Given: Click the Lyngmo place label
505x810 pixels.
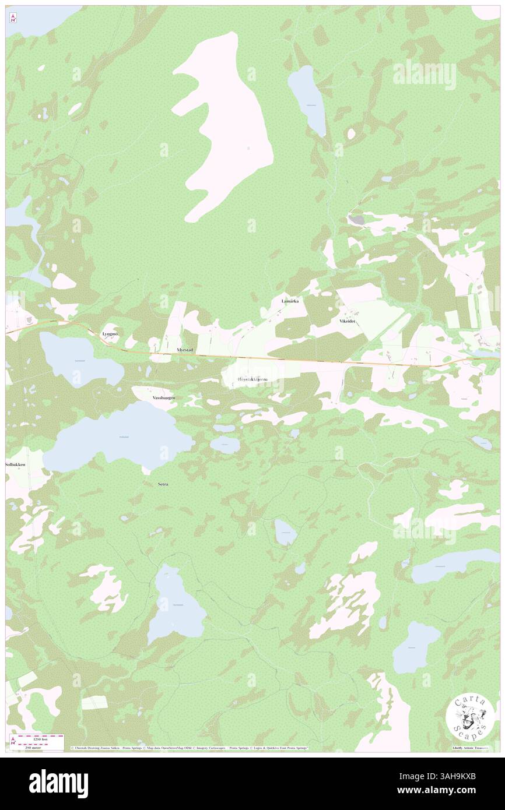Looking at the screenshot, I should [110, 334].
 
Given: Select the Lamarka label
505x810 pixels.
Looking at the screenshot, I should [290, 301].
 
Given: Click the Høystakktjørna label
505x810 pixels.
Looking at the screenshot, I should [253, 379].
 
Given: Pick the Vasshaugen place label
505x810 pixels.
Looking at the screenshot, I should [163, 397].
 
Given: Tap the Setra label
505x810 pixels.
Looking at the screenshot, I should [163, 484].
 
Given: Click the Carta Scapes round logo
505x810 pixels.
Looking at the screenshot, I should [471, 717].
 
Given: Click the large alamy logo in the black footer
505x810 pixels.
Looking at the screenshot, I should [58, 783].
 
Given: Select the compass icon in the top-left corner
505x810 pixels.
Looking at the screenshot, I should [13, 18].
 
